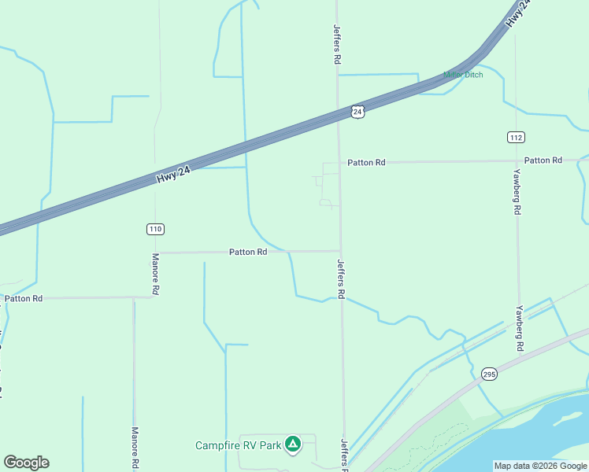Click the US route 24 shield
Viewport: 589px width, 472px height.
tap(357, 112)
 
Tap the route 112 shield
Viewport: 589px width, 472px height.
tap(516, 137)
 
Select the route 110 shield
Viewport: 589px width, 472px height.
tap(155, 229)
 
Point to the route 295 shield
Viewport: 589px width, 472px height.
tap(489, 374)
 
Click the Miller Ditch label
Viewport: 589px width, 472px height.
tap(463, 75)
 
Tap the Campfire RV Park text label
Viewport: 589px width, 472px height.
tap(239, 445)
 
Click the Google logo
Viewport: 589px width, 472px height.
tap(26, 463)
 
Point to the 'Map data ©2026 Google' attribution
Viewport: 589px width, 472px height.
tap(540, 466)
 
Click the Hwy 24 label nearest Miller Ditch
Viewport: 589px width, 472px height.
tap(517, 15)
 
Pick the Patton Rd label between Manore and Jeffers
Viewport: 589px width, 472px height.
tap(248, 252)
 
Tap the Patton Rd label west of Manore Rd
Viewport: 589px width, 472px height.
tap(23, 298)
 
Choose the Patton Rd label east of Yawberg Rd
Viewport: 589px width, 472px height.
tap(543, 160)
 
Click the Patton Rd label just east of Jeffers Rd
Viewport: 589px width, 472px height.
tap(366, 162)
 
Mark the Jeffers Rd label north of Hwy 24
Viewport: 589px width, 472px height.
tap(337, 44)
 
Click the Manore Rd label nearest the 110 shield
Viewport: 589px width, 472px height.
tap(156, 273)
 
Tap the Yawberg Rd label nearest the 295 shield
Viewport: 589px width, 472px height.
tap(519, 328)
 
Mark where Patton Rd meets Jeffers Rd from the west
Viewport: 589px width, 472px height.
tap(340, 252)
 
